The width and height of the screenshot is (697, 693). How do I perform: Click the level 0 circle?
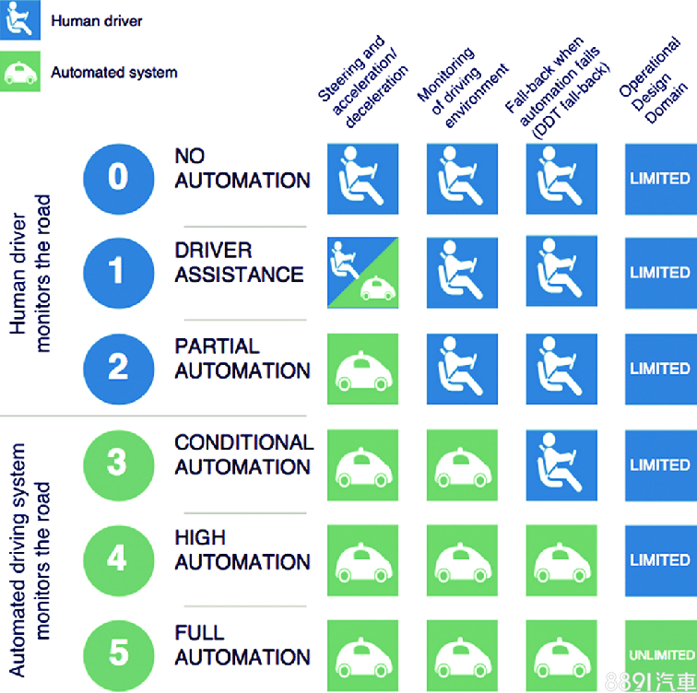pyautogui.click(x=118, y=177)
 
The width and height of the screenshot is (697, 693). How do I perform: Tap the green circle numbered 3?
pyautogui.click(x=118, y=463)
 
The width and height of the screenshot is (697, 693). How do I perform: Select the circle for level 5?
pyautogui.click(x=118, y=652)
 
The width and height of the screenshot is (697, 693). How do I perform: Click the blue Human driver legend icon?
pyautogui.click(x=18, y=20)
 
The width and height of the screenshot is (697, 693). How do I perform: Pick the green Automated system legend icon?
pyautogui.click(x=18, y=72)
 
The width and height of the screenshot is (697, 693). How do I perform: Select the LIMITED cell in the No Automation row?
pyautogui.click(x=660, y=178)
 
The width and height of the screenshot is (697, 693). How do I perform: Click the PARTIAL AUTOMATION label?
pyautogui.click(x=242, y=359)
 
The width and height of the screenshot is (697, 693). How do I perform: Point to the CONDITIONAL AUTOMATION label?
pyautogui.click(x=243, y=455)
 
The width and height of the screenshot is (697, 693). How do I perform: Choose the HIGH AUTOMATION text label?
pyautogui.click(x=242, y=550)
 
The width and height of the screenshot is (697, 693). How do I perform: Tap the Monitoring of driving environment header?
pyautogui.click(x=461, y=88)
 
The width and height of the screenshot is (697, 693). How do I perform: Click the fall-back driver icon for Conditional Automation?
pyautogui.click(x=561, y=464)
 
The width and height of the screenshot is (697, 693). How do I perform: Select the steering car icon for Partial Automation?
pyautogui.click(x=362, y=369)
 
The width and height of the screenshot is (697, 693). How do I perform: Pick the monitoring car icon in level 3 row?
pyautogui.click(x=462, y=464)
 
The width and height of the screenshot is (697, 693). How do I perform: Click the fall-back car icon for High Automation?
pyautogui.click(x=561, y=559)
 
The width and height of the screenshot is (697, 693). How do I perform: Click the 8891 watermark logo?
pyautogui.click(x=656, y=681)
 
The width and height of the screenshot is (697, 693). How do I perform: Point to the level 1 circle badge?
pyautogui.click(x=118, y=272)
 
